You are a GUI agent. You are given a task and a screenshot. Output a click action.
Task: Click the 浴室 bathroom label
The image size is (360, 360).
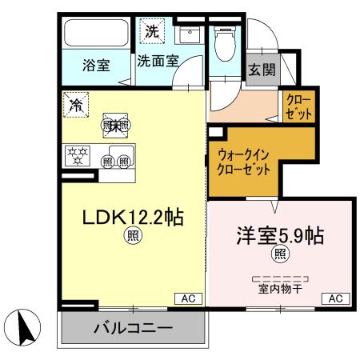click(96, 65)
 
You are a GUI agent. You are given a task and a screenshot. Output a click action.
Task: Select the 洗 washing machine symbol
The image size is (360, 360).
click(151, 32)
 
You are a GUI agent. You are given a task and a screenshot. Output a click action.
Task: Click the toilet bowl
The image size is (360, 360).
click(226, 45)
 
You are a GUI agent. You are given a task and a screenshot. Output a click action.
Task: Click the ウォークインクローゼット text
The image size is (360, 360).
click(243, 162)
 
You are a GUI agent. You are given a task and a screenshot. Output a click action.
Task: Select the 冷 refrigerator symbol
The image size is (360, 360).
click(77, 104)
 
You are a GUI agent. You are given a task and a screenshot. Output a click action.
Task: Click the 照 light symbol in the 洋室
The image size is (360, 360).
click(280, 255)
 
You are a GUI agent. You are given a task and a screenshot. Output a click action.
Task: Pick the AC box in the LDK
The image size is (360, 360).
click(189, 298)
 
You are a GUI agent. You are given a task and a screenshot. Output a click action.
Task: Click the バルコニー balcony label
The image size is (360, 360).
click(132, 329)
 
